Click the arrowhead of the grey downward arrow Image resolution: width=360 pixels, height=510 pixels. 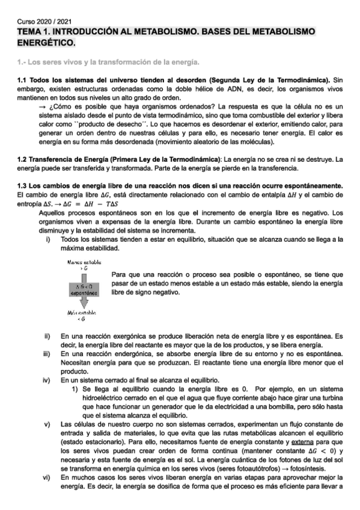(84, 304)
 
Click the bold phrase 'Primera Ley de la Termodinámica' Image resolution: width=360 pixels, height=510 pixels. (157, 159)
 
